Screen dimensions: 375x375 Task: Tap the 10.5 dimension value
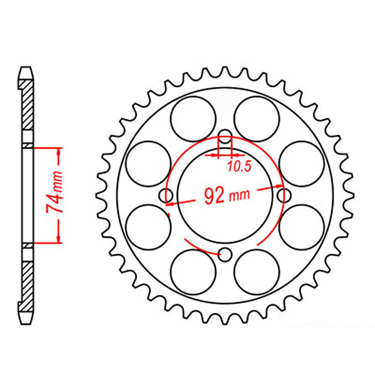[x=239, y=167]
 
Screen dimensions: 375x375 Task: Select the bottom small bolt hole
[x=225, y=254]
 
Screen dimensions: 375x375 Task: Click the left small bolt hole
[x=166, y=196]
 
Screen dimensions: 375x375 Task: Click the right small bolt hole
[x=283, y=196]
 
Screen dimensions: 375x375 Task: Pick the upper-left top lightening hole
[x=193, y=118]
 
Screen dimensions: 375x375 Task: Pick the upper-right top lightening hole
[x=257, y=118]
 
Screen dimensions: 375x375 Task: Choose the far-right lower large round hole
[x=301, y=227]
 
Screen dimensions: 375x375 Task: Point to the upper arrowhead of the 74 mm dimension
[x=59, y=152]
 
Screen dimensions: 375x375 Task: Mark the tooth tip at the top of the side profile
[x=26, y=68]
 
